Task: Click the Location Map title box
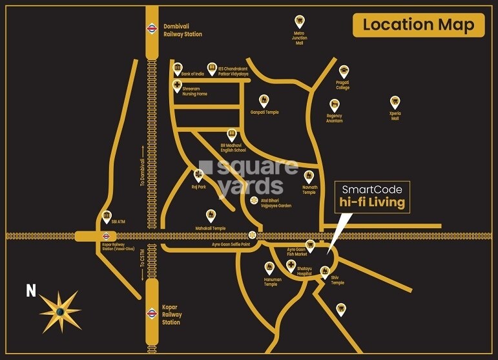[418, 25]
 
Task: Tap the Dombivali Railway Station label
[182, 30]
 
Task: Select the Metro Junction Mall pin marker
[299, 21]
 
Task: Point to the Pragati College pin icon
[344, 71]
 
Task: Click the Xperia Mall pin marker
[395, 102]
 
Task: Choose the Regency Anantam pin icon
[335, 105]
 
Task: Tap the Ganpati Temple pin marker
[264, 101]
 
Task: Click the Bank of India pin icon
[177, 67]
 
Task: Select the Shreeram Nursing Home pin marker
[176, 86]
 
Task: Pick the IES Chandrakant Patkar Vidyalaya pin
[211, 67]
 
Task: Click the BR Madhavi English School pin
[233, 134]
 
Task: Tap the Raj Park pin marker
[198, 175]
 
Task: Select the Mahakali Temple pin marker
[211, 215]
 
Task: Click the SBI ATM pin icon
[107, 217]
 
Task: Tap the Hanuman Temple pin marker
[270, 268]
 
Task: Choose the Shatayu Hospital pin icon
[291, 266]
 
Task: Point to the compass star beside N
[59, 312]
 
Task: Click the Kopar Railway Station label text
[171, 315]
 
